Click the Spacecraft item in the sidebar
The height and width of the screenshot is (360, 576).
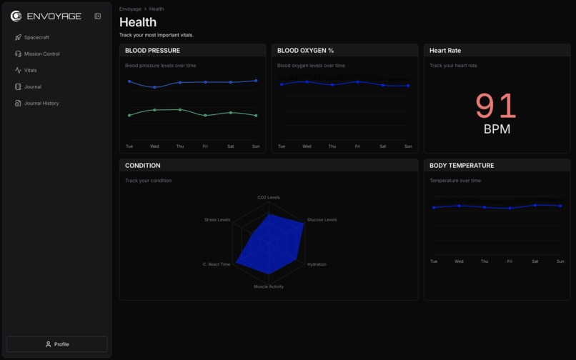[36, 37]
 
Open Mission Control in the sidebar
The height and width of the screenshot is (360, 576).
[41, 54]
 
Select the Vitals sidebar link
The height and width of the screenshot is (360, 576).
[30, 70]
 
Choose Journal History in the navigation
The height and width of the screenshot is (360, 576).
[41, 103]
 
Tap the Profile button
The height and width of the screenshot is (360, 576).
[57, 344]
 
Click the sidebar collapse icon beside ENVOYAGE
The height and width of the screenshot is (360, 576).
[98, 16]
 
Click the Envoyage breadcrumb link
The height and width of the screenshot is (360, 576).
[130, 9]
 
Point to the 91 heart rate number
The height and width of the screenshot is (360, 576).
[496, 106]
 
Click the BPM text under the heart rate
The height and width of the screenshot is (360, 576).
[497, 129]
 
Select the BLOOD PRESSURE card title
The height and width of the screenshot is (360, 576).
[152, 51]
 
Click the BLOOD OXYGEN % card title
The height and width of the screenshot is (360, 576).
[305, 51]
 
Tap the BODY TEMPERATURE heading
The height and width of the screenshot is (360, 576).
[461, 166]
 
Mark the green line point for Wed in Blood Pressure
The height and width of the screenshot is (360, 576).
[154, 110]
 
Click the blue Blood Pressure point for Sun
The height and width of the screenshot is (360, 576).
[256, 81]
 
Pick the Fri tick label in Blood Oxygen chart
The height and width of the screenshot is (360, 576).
[357, 146]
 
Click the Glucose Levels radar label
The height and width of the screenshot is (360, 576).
[322, 220]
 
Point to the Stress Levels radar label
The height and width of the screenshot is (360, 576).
[217, 220]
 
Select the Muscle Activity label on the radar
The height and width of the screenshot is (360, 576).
[269, 286]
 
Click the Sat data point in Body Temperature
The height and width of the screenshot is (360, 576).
[535, 205]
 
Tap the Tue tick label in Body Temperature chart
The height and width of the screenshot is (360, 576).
[434, 261]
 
